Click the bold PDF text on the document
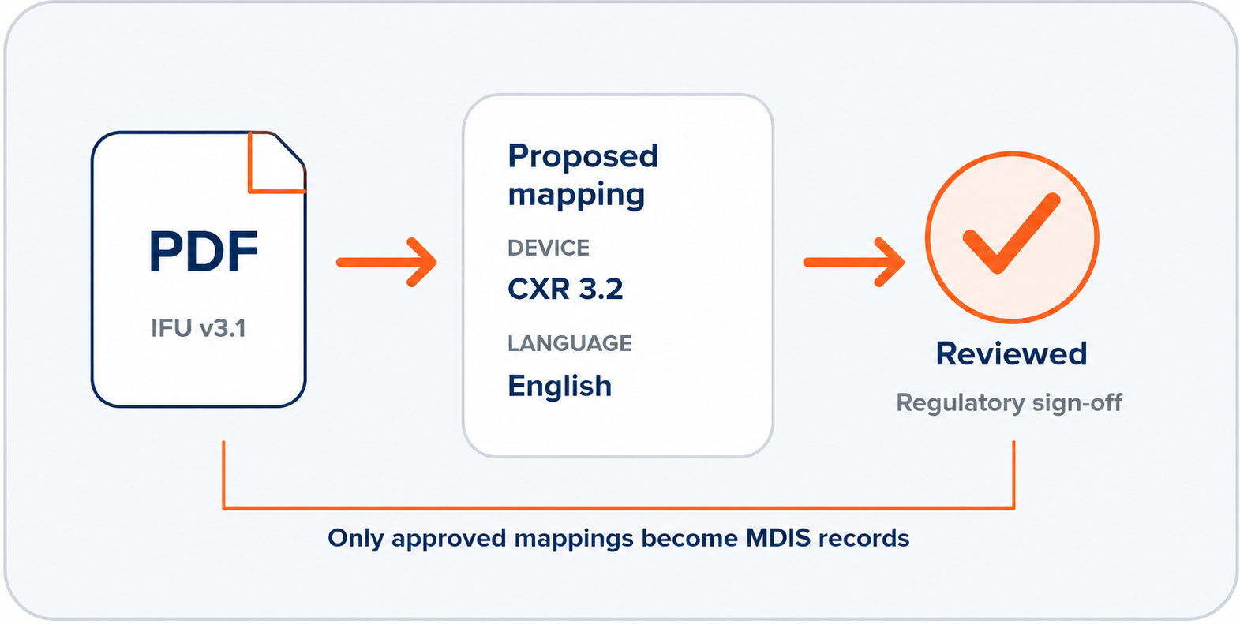click(203, 252)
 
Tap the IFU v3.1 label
click(198, 328)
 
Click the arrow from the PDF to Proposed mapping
click(387, 262)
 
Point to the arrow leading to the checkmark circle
click(853, 262)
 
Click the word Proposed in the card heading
click(583, 156)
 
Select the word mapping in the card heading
click(576, 196)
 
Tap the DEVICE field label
click(548, 248)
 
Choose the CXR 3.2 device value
click(565, 289)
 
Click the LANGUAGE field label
click(570, 343)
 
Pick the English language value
click(560, 386)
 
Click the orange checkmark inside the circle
click(1012, 234)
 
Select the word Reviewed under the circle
click(1011, 354)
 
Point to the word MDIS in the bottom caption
click(777, 538)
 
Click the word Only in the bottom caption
click(355, 539)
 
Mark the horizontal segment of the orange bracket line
click(618, 508)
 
